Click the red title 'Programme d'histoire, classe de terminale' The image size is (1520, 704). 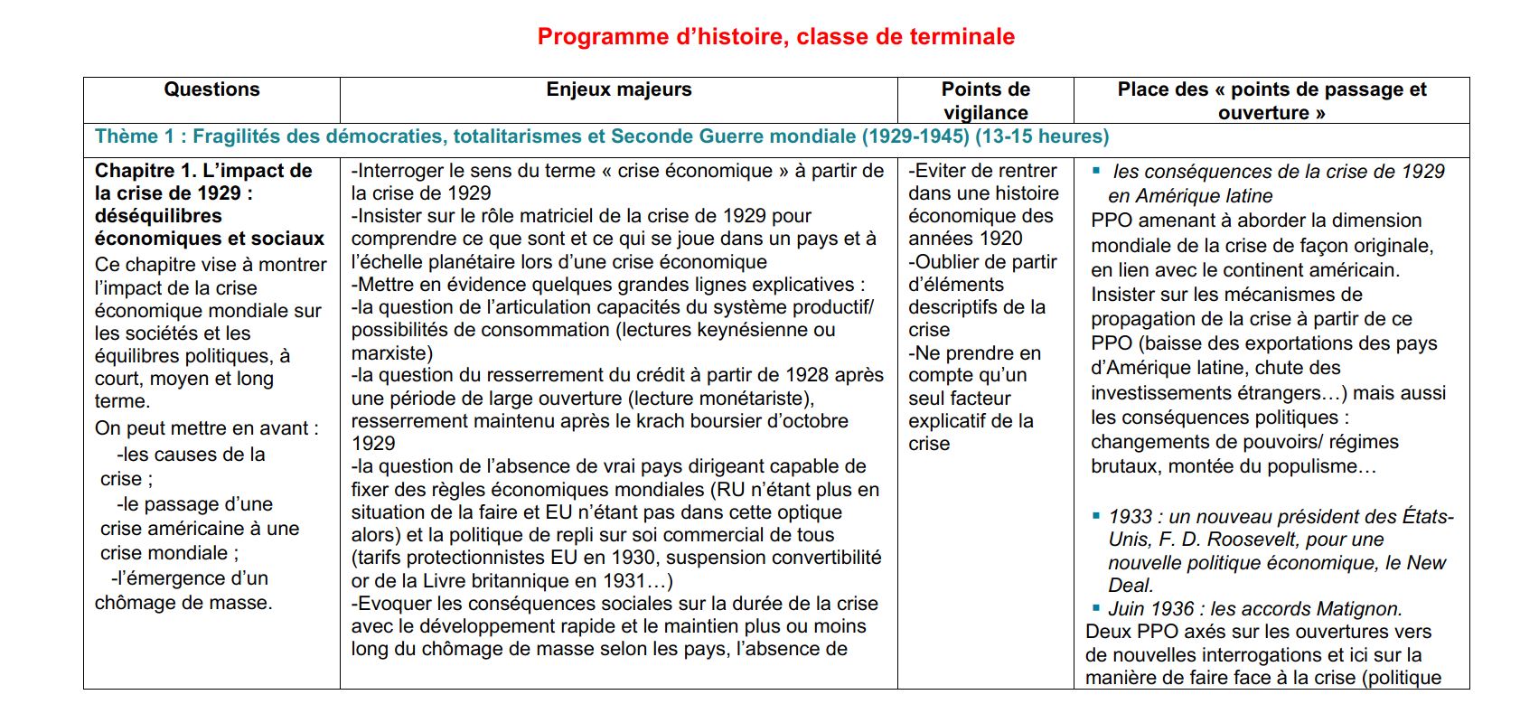pyautogui.click(x=775, y=37)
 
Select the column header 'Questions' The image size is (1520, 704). pyautogui.click(x=211, y=89)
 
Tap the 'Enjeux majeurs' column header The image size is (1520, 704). pyautogui.click(x=619, y=89)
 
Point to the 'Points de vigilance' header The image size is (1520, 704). pyautogui.click(x=985, y=100)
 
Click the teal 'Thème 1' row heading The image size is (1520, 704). pyautogui.click(x=136, y=136)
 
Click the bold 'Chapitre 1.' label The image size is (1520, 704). pyautogui.click(x=145, y=171)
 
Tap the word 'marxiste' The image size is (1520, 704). pyautogui.click(x=389, y=352)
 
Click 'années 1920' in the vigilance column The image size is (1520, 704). pyautogui.click(x=965, y=239)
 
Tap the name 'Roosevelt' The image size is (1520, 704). pyautogui.click(x=1247, y=540)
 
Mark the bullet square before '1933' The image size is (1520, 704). pyautogui.click(x=1096, y=516)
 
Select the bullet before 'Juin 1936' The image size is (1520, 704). pyautogui.click(x=1096, y=608)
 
